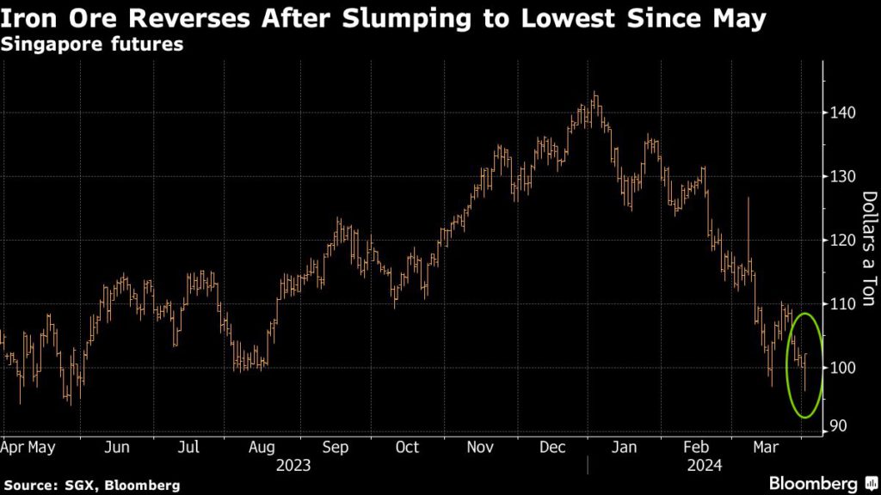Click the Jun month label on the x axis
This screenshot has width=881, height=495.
[x=118, y=447]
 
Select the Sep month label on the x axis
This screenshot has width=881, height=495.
[x=335, y=447]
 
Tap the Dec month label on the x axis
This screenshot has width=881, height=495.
[x=553, y=447]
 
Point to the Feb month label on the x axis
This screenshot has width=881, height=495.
[x=699, y=447]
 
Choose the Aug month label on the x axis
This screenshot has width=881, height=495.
[x=262, y=447]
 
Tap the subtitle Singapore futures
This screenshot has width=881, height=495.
[x=92, y=46]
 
